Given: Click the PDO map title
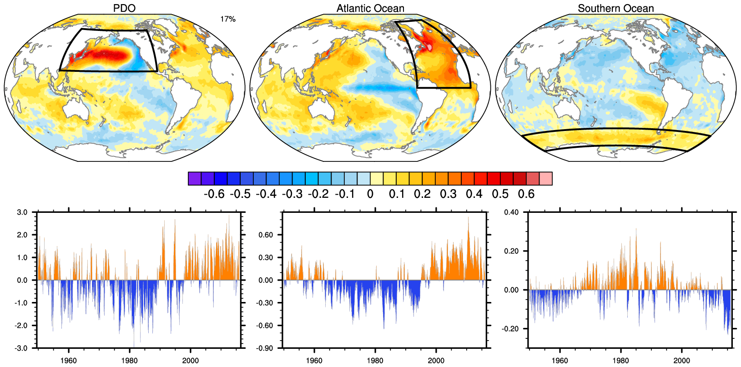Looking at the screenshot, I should (x=124, y=8).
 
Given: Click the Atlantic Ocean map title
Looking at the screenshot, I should (x=370, y=8).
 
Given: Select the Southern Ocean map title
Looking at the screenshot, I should (x=615, y=8).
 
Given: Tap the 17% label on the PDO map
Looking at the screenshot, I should (x=228, y=19).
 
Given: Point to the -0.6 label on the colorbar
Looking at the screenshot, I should (x=214, y=194).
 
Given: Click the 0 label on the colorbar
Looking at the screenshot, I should (x=370, y=194).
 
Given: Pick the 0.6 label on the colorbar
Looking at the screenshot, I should (x=526, y=194).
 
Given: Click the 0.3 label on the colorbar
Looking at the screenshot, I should (x=448, y=194).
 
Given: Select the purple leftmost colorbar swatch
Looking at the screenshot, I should (x=195, y=179).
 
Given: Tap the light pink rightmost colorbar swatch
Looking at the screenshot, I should (x=546, y=179).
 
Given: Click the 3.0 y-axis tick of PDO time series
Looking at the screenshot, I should (x=22, y=212).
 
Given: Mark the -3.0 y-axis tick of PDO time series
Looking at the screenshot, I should (x=22, y=348).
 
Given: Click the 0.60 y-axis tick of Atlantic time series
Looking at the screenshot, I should (x=266, y=235).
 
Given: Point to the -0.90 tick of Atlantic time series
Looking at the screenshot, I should (x=265, y=348).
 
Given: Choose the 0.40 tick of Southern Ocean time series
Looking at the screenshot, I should (x=511, y=212).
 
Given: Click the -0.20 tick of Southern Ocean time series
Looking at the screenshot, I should (x=510, y=329).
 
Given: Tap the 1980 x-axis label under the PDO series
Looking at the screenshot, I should (x=130, y=361).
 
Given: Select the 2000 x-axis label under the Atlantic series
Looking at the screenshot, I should (x=436, y=361).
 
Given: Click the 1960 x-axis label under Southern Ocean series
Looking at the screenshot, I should (x=560, y=361).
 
